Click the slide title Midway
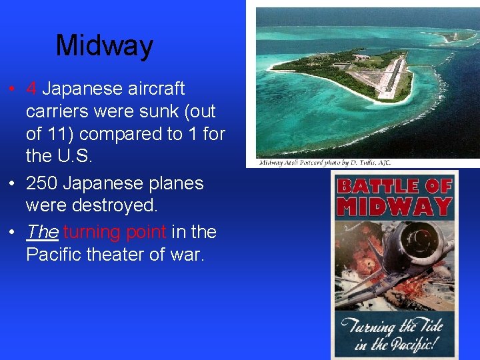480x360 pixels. click(105, 46)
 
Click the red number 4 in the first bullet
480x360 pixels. click(31, 89)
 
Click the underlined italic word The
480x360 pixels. click(43, 232)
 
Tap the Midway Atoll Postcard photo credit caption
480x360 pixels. click(325, 163)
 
